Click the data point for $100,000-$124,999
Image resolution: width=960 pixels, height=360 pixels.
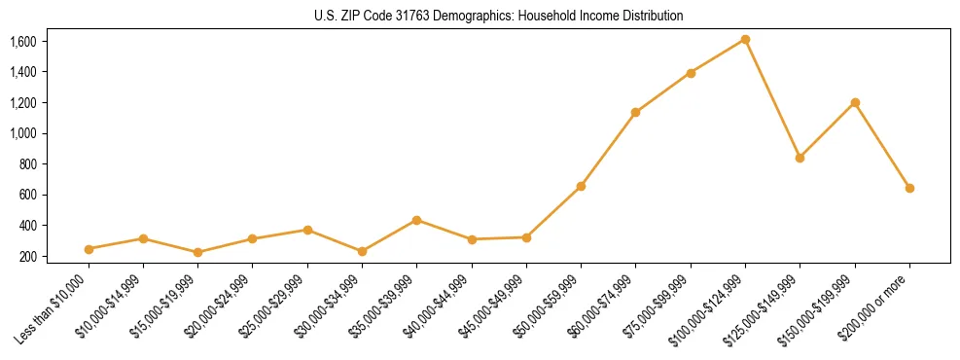(x=745, y=39)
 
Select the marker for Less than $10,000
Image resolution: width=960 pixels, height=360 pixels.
(x=89, y=249)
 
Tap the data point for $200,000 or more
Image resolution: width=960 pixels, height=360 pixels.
(x=909, y=188)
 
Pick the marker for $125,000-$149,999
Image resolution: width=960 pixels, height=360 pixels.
(x=800, y=158)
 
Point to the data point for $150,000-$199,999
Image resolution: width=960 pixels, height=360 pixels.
(x=855, y=102)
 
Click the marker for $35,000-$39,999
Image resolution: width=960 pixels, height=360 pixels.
(x=416, y=220)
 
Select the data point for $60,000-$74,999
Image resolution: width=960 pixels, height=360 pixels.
(x=635, y=112)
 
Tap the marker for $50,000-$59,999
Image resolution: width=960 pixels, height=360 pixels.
(x=581, y=186)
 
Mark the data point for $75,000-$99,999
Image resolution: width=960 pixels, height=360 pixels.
(x=691, y=73)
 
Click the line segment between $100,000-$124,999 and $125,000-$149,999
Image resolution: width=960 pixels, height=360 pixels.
(x=772, y=98)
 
